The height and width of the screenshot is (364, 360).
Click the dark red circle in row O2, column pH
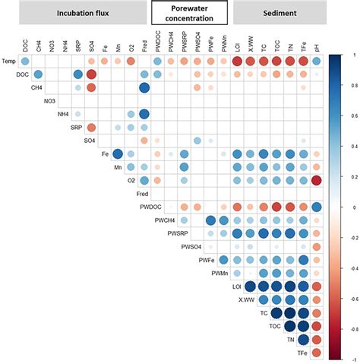[x=317, y=180]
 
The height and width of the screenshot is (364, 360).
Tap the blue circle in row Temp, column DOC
[x=25, y=61]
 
